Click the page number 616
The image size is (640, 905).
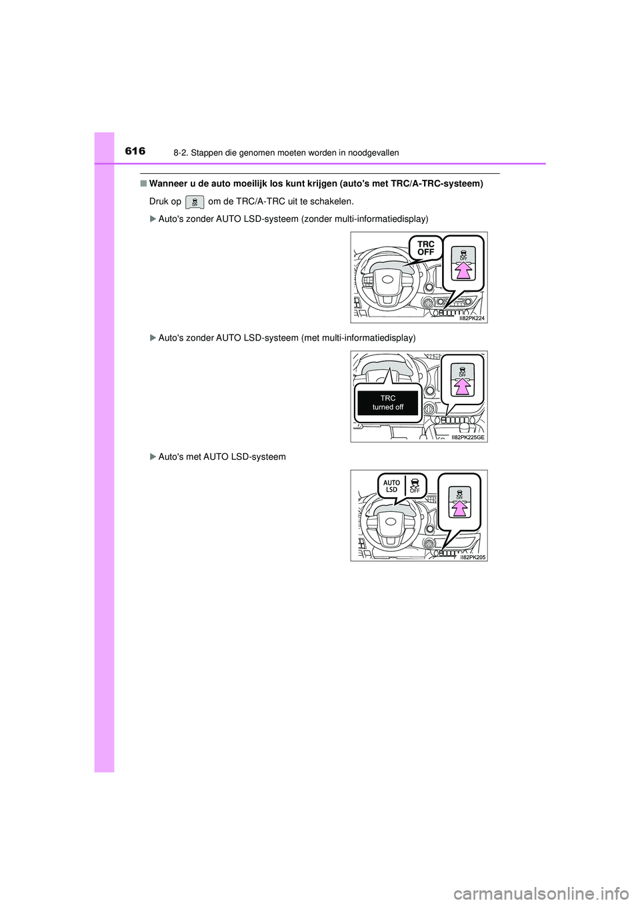click(135, 151)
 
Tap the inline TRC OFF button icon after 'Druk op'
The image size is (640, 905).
click(195, 202)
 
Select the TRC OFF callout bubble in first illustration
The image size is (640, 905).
click(426, 249)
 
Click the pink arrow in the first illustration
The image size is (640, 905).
click(463, 270)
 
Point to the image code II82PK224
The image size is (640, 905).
click(472, 319)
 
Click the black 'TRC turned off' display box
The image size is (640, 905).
click(388, 403)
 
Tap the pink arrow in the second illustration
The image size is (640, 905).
click(463, 387)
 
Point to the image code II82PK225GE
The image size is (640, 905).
click(468, 438)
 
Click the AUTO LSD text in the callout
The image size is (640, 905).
click(391, 486)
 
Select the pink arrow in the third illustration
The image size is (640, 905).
click(459, 508)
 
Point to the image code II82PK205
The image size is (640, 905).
click(473, 557)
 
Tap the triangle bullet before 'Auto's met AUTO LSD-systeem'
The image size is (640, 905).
click(153, 457)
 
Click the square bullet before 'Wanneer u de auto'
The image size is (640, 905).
click(143, 184)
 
